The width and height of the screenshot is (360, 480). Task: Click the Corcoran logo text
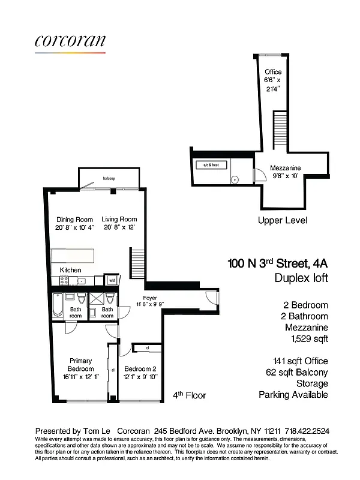coord(70,41)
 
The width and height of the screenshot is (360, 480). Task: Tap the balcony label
coord(109,179)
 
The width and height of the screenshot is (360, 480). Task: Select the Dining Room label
coord(75,219)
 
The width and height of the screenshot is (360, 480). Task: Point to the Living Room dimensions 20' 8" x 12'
coord(119,227)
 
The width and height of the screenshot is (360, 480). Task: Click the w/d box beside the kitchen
coord(112,280)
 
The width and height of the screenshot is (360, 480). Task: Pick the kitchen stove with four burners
coord(64,280)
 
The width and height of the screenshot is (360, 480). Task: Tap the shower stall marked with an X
coord(96,298)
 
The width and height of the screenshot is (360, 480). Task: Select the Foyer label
coord(150,298)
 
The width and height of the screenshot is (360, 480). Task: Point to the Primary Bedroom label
coord(80,365)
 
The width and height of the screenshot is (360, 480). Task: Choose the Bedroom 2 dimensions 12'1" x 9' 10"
coord(140,376)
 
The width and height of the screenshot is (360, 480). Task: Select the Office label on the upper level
coord(273,72)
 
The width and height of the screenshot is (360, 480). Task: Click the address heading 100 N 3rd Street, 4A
coord(278,263)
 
